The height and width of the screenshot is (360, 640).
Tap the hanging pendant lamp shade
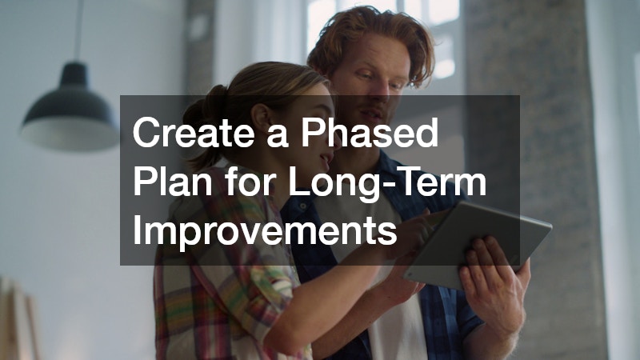(x=67, y=120)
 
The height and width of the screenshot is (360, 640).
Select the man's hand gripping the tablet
(x=490, y=280)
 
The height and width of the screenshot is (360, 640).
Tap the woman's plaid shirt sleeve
(x=192, y=296)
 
